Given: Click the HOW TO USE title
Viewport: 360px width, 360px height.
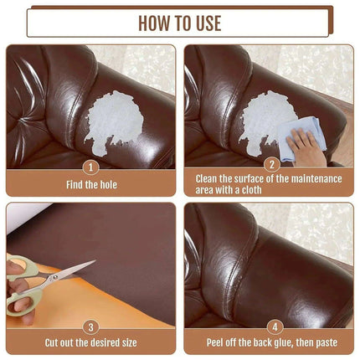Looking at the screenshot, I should (179, 22).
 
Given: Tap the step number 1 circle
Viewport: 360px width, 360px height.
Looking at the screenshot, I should (90, 166).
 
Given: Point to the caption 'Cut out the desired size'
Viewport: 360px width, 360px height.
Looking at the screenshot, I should (90, 342).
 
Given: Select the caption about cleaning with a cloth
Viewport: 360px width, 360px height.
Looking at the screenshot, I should (269, 183).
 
